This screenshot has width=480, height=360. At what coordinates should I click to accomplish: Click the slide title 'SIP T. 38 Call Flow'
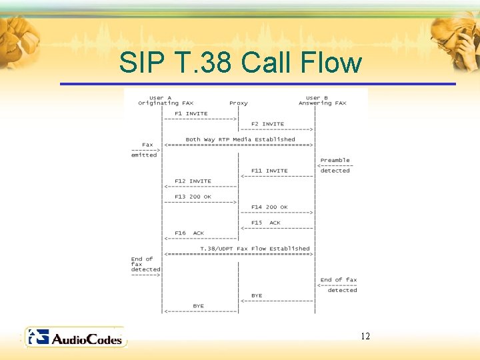240,63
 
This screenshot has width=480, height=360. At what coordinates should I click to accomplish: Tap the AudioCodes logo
74,338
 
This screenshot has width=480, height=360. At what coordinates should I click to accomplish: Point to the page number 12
365,336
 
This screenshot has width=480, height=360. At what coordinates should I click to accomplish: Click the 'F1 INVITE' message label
191,113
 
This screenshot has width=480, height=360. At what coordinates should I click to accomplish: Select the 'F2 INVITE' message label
267,124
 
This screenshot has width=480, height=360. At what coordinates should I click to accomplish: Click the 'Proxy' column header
238,103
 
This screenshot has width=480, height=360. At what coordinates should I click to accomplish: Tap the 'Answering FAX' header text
322,103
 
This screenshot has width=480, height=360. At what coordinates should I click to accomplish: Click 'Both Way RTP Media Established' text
240,139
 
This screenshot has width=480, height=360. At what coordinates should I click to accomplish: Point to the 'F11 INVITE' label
269,171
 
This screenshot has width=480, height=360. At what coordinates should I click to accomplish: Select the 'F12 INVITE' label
193,181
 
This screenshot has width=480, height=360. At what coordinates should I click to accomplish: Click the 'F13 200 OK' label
193,197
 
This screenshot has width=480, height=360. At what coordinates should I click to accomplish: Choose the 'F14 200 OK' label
269,207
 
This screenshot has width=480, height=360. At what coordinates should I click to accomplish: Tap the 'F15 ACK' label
266,223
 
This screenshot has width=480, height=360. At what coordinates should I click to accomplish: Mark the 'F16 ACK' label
189,233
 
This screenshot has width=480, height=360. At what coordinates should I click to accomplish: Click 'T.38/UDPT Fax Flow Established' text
255,249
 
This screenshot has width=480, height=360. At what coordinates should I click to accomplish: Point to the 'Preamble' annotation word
335,161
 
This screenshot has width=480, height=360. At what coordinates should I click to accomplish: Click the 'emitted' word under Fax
144,155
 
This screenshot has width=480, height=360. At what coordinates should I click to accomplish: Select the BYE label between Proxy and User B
257,295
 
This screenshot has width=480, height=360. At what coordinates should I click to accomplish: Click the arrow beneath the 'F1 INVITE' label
201,119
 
